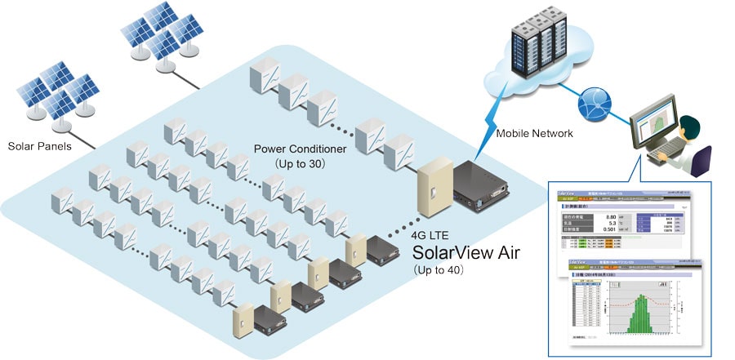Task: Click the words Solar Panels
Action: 40,147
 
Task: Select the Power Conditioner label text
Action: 301,149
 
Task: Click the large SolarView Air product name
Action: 469,251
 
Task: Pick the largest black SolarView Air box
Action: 483,184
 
